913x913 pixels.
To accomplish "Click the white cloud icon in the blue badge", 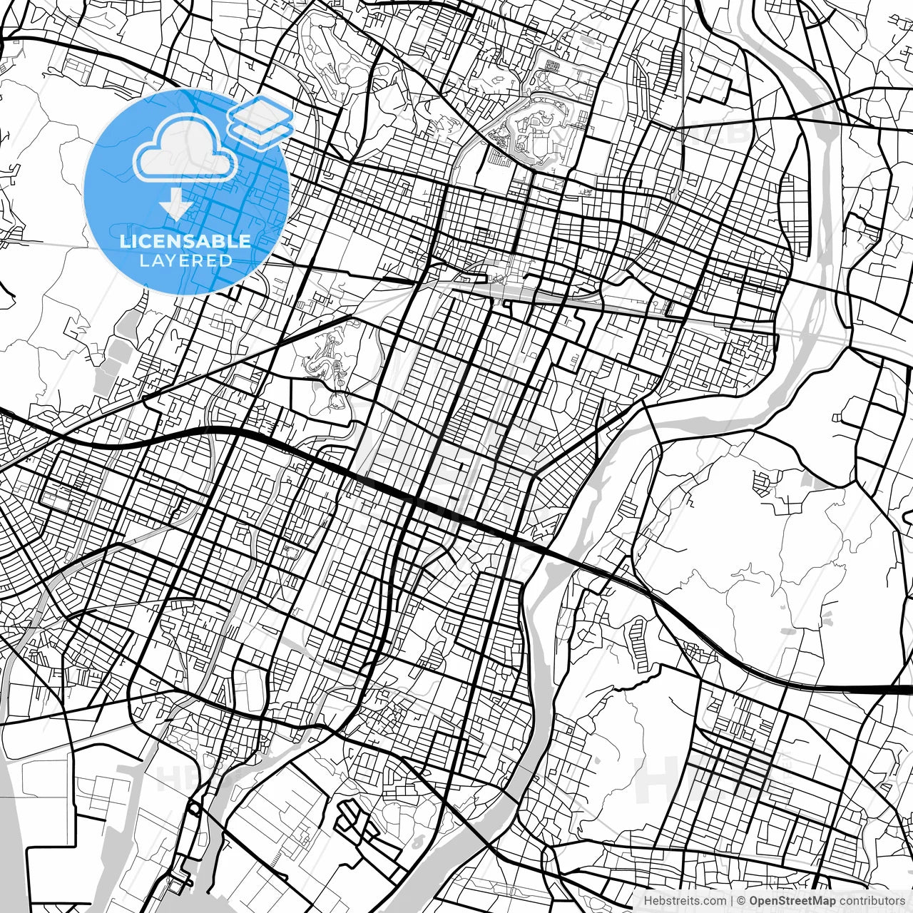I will coord(185,148).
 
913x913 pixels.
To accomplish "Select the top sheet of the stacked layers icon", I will coord(260,111).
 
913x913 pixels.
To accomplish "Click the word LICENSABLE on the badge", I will coord(185,241).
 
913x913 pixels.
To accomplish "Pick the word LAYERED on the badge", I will coord(185,261).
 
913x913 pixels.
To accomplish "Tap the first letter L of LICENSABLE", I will coord(124,241).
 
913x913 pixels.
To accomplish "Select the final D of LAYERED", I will coord(226,261).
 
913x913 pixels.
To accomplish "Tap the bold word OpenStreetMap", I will coord(791,901).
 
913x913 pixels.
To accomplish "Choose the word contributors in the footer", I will coord(870,901).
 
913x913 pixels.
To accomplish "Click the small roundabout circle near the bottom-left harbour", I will coord(193,810).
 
